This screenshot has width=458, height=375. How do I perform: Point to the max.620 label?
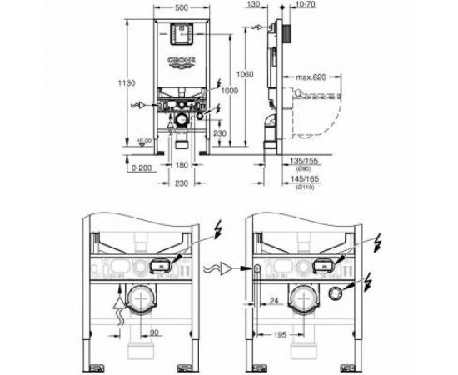[309, 78]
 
